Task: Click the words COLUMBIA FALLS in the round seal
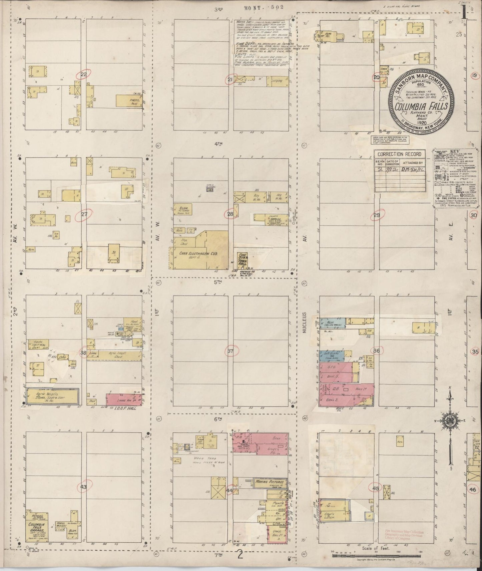(422, 107)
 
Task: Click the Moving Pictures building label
(270, 482)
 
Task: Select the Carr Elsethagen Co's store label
(198, 254)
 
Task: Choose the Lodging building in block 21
(277, 80)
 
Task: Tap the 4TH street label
(218, 144)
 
